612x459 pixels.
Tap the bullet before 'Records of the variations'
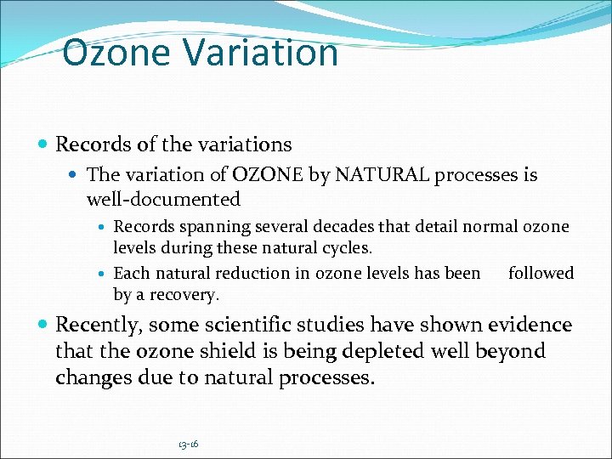click(43, 145)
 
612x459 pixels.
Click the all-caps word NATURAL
click(381, 175)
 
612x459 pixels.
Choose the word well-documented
click(163, 200)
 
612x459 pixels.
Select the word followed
click(541, 273)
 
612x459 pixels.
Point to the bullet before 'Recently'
click(43, 326)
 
